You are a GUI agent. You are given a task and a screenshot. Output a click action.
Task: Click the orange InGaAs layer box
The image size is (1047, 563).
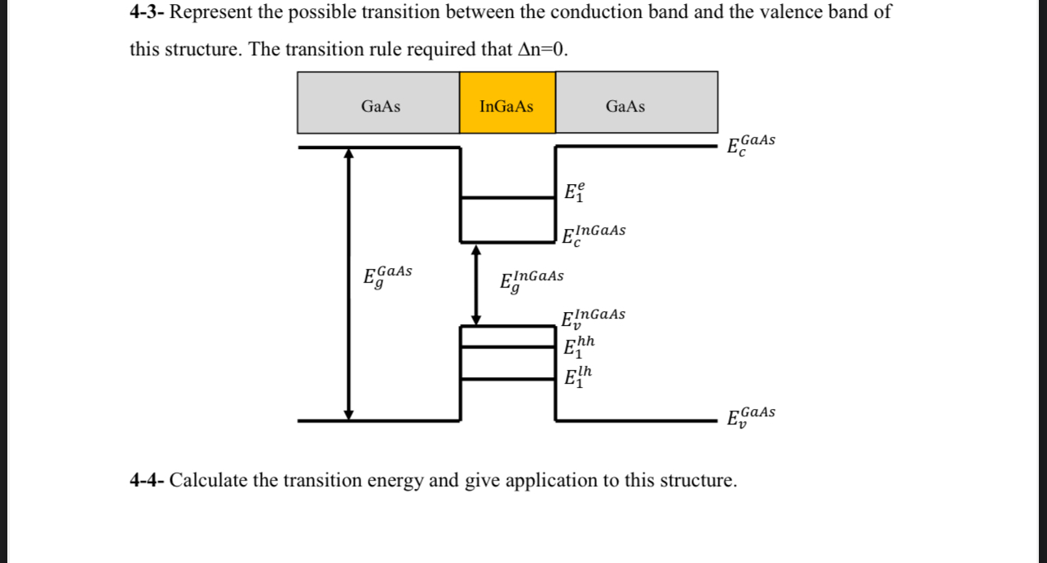pos(507,103)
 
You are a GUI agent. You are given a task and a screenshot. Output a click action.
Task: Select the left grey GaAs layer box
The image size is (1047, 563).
pos(378,103)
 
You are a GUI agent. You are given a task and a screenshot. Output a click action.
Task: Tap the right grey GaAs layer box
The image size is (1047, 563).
pos(636,103)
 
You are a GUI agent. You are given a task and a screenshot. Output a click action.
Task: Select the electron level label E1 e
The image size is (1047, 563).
pos(574,193)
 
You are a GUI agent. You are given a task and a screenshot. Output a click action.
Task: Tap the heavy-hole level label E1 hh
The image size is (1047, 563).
pos(579,348)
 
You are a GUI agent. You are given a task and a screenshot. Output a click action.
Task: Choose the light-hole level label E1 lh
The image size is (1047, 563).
pos(578,377)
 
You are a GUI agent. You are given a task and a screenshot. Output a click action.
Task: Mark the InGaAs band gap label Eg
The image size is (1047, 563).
pos(531,280)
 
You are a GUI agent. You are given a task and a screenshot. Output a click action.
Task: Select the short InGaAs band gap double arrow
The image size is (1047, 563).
pos(477,284)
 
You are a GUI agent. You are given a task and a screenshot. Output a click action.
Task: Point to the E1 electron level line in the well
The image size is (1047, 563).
pos(507,197)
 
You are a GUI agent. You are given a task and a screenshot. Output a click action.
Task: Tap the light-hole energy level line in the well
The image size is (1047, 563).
pos(507,378)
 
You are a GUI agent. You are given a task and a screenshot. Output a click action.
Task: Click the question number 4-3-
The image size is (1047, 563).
pos(148,12)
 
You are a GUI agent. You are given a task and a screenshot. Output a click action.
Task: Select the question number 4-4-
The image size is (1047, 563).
pos(148,480)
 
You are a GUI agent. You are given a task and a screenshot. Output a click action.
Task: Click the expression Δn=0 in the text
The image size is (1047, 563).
pos(541,49)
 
